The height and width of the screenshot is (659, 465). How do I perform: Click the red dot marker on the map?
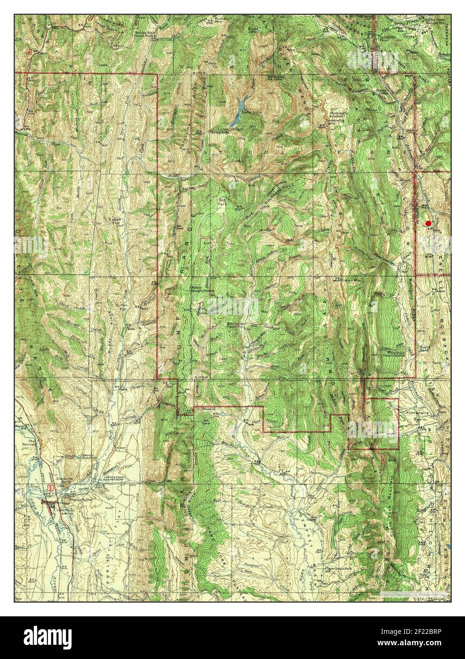tap(429, 223)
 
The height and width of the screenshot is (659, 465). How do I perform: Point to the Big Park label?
tap(222, 203)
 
